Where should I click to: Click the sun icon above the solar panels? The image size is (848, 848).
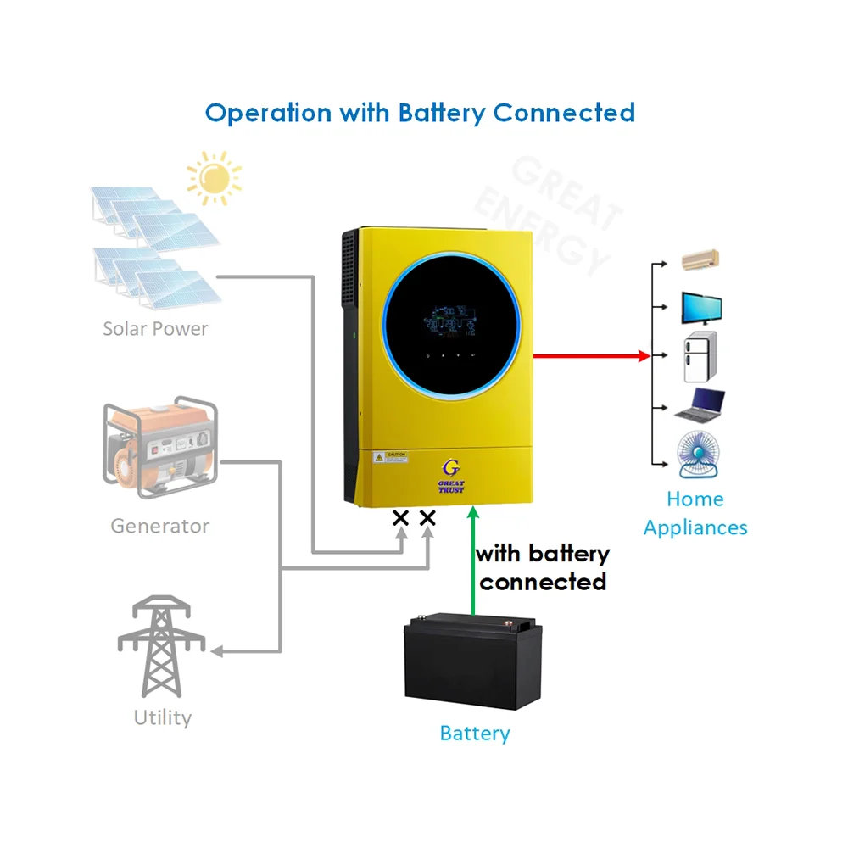pos(214,177)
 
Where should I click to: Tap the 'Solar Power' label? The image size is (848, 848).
pos(155,328)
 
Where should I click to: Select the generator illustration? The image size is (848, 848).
pos(160,450)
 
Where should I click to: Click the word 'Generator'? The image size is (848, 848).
pos(159,526)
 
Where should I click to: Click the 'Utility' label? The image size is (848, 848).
pos(162,717)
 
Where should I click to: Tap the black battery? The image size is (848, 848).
pos(472,661)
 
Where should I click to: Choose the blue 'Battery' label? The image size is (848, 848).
pos(474,734)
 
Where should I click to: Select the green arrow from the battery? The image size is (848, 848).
pos(472,560)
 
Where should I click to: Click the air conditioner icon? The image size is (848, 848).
pos(700,259)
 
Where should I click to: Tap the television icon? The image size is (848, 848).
pos(701,309)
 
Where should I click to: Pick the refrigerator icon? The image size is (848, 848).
pos(700,357)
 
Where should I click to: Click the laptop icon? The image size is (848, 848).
pos(700,405)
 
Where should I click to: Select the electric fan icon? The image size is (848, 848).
pos(700,455)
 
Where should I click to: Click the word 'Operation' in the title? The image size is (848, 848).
pos(268,113)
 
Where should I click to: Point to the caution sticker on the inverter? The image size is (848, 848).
pos(391,456)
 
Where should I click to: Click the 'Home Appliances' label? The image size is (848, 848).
pos(695,513)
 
